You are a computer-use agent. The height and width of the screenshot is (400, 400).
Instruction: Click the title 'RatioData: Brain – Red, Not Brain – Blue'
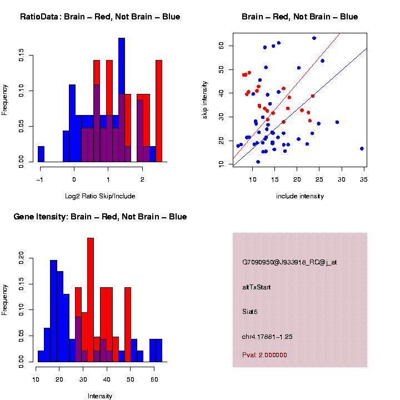point(100,17)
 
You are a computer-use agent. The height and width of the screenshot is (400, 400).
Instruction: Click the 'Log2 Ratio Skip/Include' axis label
point(100,196)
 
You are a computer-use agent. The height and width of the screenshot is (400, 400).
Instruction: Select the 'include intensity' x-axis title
point(299,196)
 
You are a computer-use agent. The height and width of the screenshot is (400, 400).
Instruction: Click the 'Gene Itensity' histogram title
point(100,217)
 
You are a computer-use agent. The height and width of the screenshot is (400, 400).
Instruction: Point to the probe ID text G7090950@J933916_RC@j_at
point(289,262)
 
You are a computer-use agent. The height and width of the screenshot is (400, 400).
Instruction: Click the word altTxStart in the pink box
point(257,287)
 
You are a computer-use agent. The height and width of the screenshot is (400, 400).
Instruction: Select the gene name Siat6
point(250,312)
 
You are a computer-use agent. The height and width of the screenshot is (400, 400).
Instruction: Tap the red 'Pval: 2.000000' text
point(264,354)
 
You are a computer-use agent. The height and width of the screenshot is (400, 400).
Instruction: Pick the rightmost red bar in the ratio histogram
point(159,111)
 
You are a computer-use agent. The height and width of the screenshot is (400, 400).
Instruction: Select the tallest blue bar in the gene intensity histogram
point(54,311)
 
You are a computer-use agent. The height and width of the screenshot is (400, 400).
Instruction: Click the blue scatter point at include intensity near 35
point(362,148)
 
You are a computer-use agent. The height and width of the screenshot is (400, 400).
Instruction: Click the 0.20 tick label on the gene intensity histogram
point(22,257)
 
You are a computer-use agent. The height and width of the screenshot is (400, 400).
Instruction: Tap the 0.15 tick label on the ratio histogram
point(22,54)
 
